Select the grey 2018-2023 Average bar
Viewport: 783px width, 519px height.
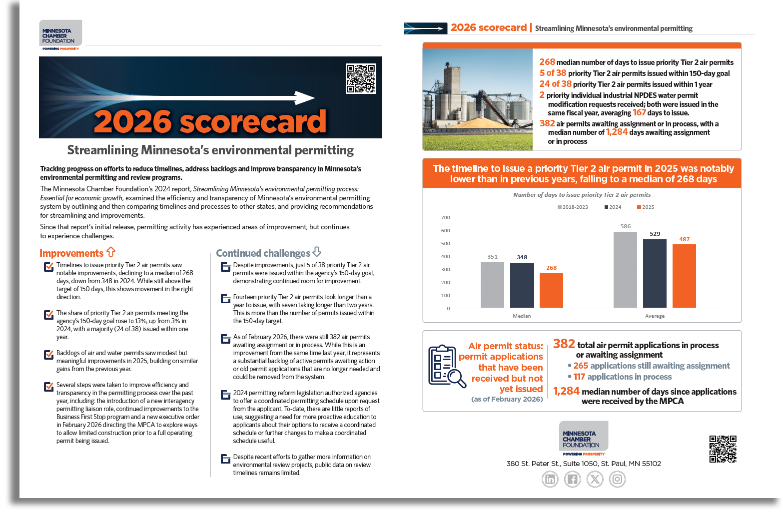pyautogui.click(x=625, y=270)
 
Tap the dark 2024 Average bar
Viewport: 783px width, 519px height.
pyautogui.click(x=655, y=273)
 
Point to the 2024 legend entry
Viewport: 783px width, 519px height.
pyautogui.click(x=613, y=207)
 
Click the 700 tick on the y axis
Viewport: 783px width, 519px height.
pyautogui.click(x=445, y=218)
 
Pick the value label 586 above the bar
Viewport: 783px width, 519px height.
pyautogui.click(x=625, y=226)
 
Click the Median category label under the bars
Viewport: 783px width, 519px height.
pyautogui.click(x=522, y=316)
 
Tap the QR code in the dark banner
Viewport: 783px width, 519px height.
pyautogui.click(x=361, y=78)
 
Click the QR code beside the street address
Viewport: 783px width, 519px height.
pyautogui.click(x=723, y=449)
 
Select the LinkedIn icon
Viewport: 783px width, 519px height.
pyautogui.click(x=550, y=480)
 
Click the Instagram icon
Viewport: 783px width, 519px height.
pyautogui.click(x=617, y=480)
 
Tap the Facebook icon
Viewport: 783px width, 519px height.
pyautogui.click(x=572, y=480)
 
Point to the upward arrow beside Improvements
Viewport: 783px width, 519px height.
pyautogui.click(x=111, y=252)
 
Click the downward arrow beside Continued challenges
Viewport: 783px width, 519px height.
pyautogui.click(x=317, y=252)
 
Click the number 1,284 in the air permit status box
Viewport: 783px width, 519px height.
pyautogui.click(x=566, y=391)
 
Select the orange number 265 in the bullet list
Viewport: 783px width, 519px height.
pyautogui.click(x=581, y=366)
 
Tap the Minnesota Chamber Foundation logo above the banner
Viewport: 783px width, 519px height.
pyautogui.click(x=60, y=34)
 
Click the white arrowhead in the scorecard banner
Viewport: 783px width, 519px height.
pyautogui.click(x=304, y=97)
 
